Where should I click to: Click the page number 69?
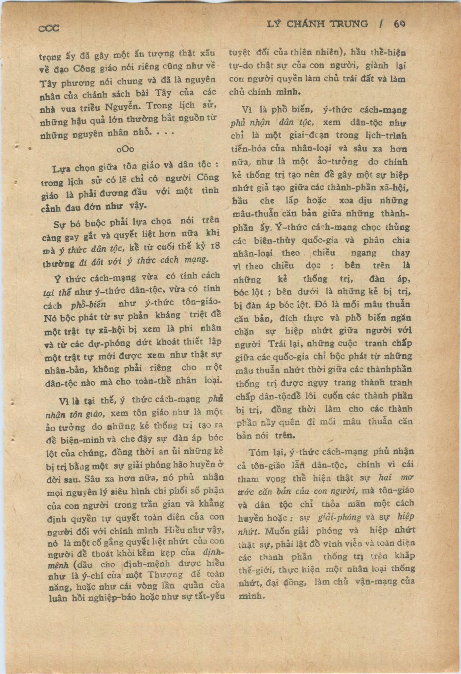(399, 24)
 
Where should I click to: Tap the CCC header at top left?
(49, 28)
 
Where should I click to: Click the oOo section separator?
(125, 149)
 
